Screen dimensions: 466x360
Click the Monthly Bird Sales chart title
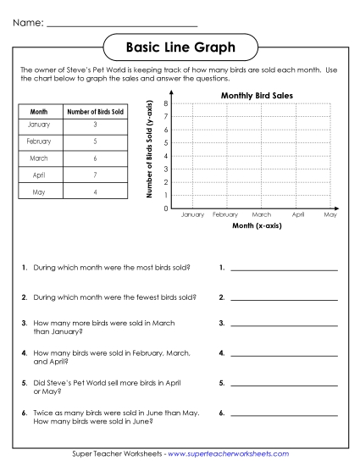(x=257, y=96)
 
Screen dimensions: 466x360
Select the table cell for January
(x=39, y=125)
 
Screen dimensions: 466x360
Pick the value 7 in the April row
(x=95, y=175)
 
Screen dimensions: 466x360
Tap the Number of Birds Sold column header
(x=95, y=111)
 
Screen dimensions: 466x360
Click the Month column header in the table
(x=39, y=111)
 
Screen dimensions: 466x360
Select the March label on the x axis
(x=262, y=216)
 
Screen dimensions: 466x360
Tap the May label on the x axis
(x=330, y=216)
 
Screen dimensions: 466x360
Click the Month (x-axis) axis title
(x=257, y=227)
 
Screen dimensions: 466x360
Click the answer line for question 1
(x=284, y=269)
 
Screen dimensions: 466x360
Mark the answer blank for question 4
(x=284, y=355)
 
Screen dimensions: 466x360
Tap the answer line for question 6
(x=284, y=416)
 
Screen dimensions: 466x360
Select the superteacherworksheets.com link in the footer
(x=229, y=454)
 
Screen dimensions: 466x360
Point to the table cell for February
(x=39, y=141)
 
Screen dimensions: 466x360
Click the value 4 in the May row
(x=95, y=191)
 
